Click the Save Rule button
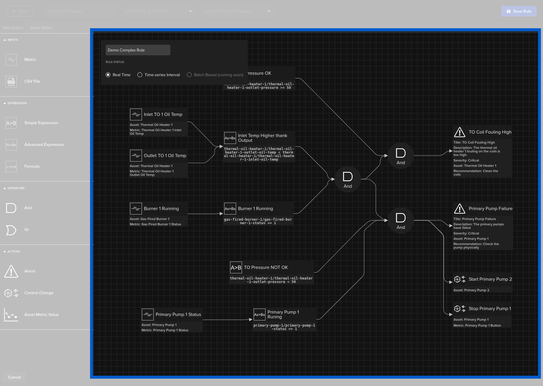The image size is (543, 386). coord(519,11)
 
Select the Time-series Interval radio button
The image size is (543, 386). coord(140,75)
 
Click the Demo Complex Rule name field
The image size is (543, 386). coord(138,50)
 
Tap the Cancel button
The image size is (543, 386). coord(14,377)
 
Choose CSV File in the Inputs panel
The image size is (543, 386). coord(32,81)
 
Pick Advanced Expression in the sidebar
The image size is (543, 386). coord(44,144)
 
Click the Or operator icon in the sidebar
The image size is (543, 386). coord(11,230)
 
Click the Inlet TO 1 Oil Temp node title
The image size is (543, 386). coord(163,114)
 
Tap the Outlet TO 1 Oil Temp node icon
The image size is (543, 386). coord(136,155)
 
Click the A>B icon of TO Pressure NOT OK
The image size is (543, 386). coord(236,267)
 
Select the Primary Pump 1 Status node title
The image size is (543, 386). coord(178,315)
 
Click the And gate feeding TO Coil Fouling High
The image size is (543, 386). coord(401,155)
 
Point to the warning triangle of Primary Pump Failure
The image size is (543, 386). coord(459,209)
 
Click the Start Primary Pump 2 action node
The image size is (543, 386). coord(490,279)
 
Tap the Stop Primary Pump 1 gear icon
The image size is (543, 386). coord(457,309)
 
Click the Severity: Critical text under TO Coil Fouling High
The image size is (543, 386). coord(466,160)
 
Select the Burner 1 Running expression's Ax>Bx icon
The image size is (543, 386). coord(230,209)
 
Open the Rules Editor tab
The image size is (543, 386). coord(41,28)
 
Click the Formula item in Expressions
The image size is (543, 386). coord(32,166)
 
